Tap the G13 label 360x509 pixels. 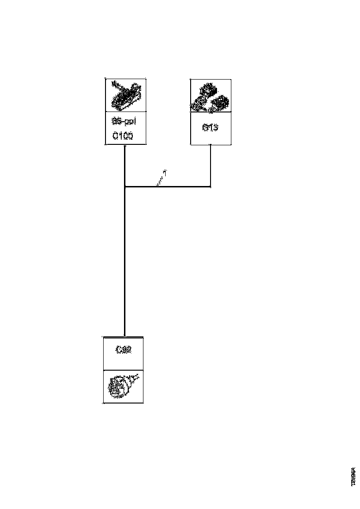[x=211, y=128]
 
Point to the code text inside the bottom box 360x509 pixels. [x=124, y=350]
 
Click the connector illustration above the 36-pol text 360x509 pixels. [x=125, y=95]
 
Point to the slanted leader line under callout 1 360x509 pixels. [x=160, y=182]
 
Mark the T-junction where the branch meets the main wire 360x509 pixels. [x=125, y=187]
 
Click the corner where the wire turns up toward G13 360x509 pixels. [x=211, y=187]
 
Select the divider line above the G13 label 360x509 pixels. [x=211, y=112]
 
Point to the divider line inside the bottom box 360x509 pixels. [x=123, y=370]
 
